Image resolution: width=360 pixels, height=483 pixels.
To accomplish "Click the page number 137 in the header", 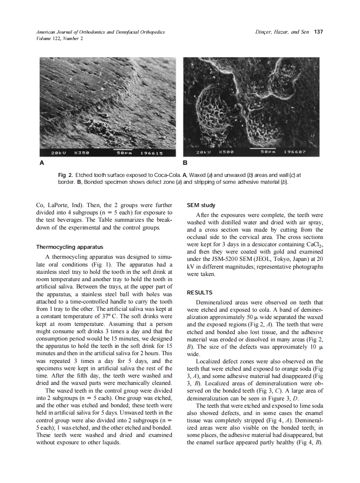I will pyautogui.click(x=319, y=32).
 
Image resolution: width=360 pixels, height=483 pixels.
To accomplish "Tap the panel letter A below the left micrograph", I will pyautogui.click(x=42, y=163).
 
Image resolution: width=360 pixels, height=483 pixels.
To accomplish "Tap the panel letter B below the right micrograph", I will pyautogui.click(x=186, y=163).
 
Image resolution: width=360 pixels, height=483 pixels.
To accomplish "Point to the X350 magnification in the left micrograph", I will pyautogui.click(x=82, y=152).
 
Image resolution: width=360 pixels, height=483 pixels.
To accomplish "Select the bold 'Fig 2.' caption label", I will pyautogui.click(x=65, y=176).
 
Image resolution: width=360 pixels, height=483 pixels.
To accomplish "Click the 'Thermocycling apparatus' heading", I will pyautogui.click(x=69, y=247).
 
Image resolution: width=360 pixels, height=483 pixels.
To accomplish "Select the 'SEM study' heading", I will pyautogui.click(x=201, y=205).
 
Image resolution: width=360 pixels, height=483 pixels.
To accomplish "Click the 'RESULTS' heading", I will pyautogui.click(x=199, y=292).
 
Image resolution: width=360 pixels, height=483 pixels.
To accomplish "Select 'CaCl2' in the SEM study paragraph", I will pyautogui.click(x=314, y=245).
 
